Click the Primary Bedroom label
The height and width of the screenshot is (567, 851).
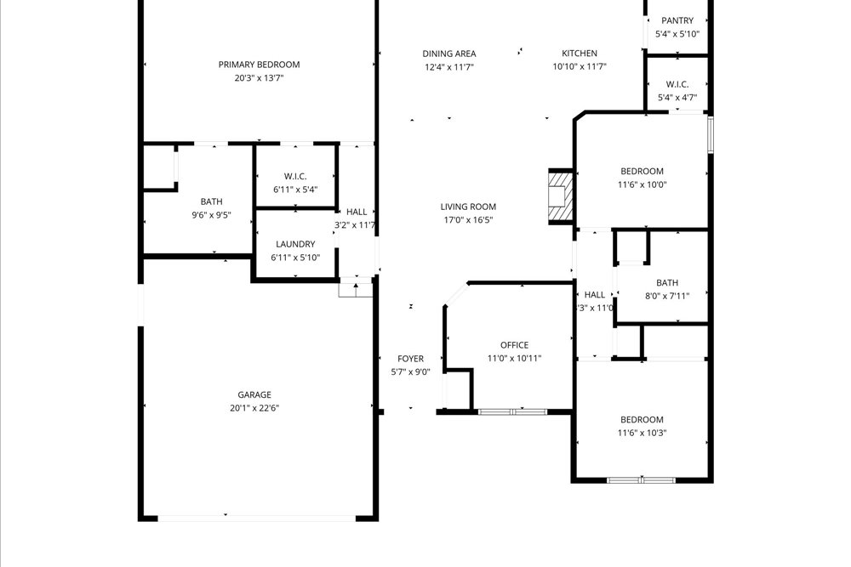pyautogui.click(x=259, y=65)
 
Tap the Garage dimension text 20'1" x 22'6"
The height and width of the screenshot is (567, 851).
pyautogui.click(x=254, y=408)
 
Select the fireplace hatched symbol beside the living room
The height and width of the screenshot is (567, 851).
pyautogui.click(x=560, y=196)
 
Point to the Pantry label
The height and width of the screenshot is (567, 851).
pyautogui.click(x=677, y=20)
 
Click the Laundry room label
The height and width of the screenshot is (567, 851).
pyautogui.click(x=294, y=244)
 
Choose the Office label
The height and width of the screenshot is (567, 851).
pyautogui.click(x=514, y=345)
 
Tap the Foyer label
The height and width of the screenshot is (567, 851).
pyautogui.click(x=410, y=359)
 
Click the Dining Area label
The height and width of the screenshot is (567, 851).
pyautogui.click(x=449, y=54)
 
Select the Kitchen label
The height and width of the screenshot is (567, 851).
pyautogui.click(x=579, y=54)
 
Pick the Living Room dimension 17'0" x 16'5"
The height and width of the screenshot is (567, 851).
pyautogui.click(x=468, y=220)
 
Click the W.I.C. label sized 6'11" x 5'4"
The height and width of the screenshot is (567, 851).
pyautogui.click(x=294, y=176)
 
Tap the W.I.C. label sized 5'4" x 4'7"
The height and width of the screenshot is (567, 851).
pyautogui.click(x=677, y=84)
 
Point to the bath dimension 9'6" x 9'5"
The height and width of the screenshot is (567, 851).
pyautogui.click(x=211, y=215)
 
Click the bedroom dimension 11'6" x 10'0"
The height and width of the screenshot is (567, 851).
pyautogui.click(x=642, y=184)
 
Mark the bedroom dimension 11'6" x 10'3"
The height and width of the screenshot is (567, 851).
pyautogui.click(x=642, y=433)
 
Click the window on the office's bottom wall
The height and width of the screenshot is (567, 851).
pyautogui.click(x=513, y=411)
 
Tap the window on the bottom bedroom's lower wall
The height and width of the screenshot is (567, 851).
pyautogui.click(x=641, y=480)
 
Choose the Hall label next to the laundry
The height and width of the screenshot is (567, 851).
pyautogui.click(x=357, y=212)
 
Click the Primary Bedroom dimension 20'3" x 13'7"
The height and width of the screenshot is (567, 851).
pyautogui.click(x=259, y=78)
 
